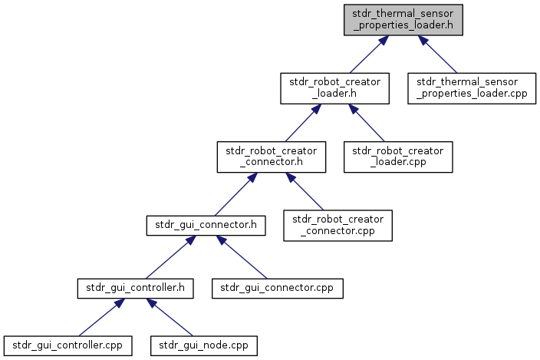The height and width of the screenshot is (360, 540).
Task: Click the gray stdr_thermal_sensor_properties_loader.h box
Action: click(x=403, y=20)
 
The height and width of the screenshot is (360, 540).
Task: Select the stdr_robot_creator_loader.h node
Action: click(x=334, y=88)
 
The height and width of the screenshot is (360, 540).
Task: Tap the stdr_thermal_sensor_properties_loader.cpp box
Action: click(x=472, y=88)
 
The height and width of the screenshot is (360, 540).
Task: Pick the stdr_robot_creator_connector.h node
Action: click(x=272, y=157)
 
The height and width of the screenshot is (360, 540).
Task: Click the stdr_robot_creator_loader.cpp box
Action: click(x=398, y=157)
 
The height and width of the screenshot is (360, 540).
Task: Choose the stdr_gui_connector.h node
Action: click(x=206, y=226)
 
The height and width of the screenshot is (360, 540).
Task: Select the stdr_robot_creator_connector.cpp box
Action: click(x=337, y=226)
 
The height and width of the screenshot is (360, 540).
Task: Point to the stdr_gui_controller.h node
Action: click(x=135, y=289)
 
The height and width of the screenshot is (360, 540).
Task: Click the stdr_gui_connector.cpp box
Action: click(x=278, y=289)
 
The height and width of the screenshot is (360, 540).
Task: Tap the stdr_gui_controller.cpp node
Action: click(x=67, y=346)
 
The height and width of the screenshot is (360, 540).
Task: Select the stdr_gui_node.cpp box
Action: click(x=204, y=346)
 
